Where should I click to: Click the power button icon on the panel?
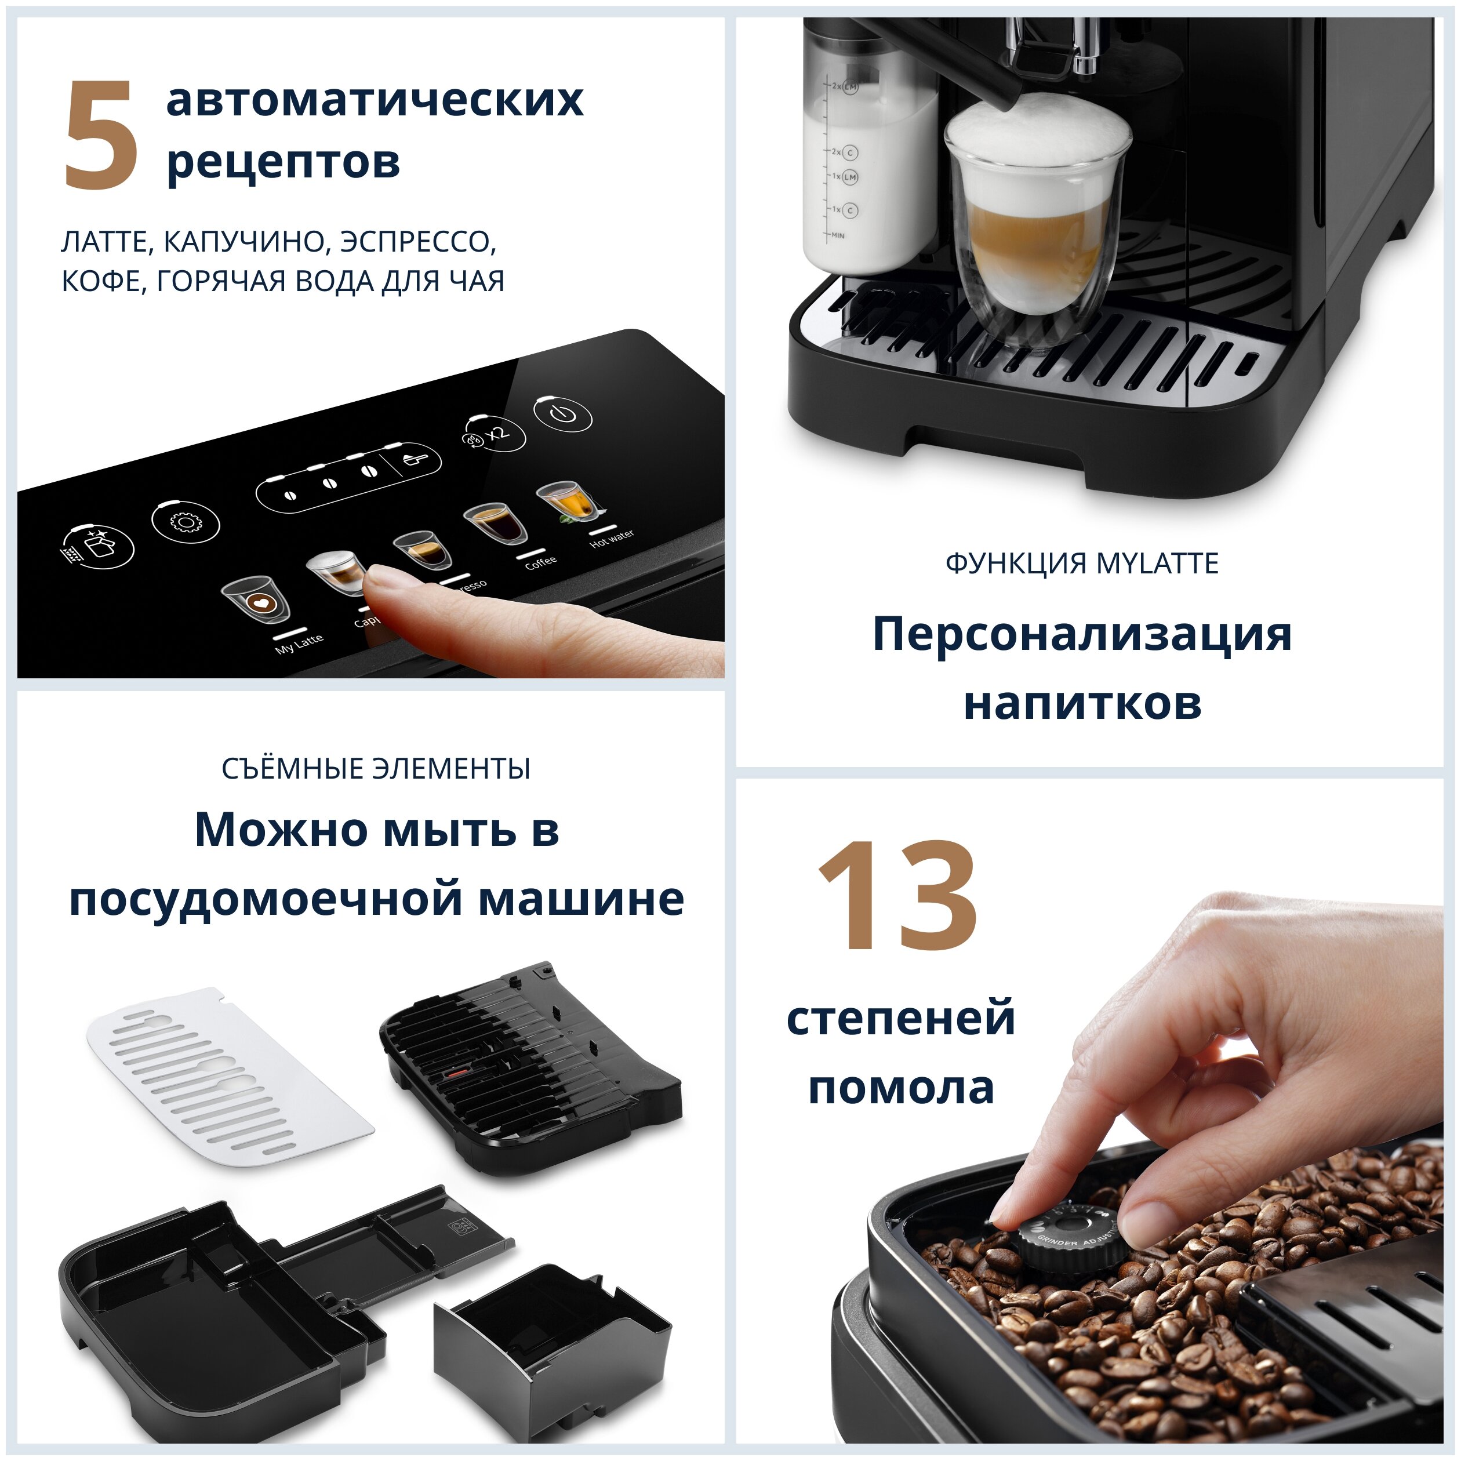(x=562, y=415)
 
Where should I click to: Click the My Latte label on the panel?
(x=300, y=643)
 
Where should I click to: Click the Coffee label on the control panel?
(x=541, y=562)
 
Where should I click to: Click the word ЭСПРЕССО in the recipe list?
(x=417, y=242)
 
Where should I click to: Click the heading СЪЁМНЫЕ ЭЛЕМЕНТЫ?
(x=376, y=769)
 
